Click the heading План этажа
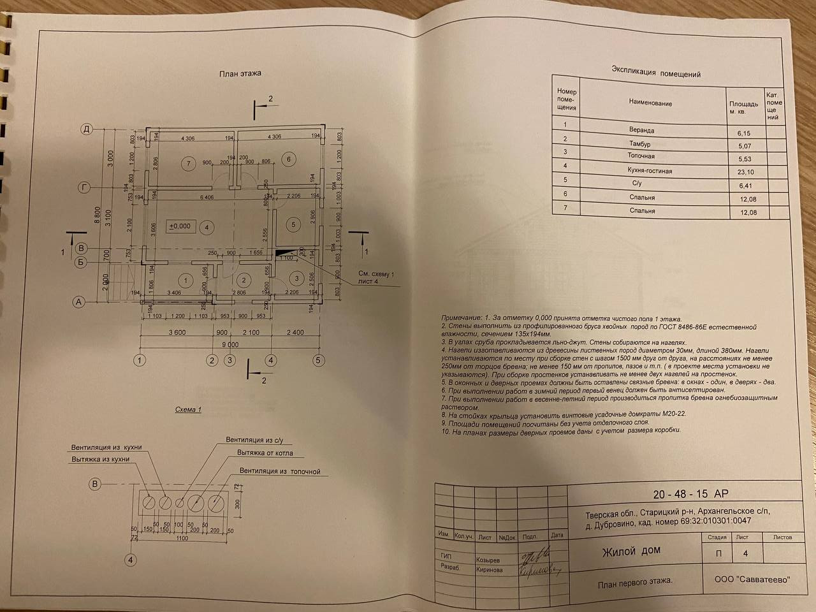pyautogui.click(x=240, y=73)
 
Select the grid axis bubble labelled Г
pyautogui.click(x=84, y=187)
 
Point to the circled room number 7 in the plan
pyautogui.click(x=187, y=163)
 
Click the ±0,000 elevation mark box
pyautogui.click(x=180, y=226)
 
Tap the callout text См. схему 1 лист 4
pyautogui.click(x=374, y=277)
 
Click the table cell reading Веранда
pyautogui.click(x=641, y=130)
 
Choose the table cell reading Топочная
pyautogui.click(x=641, y=156)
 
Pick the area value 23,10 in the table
pyautogui.click(x=745, y=172)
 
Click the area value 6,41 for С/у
pyautogui.click(x=745, y=186)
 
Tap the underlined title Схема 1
pyautogui.click(x=188, y=409)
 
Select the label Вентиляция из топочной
pyautogui.click(x=280, y=471)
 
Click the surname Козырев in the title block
pyautogui.click(x=488, y=560)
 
